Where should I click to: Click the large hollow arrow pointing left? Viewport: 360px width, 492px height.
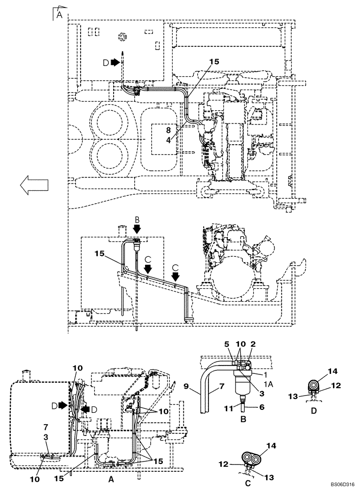pos(34,184)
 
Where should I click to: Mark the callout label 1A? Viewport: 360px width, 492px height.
pos(269,382)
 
